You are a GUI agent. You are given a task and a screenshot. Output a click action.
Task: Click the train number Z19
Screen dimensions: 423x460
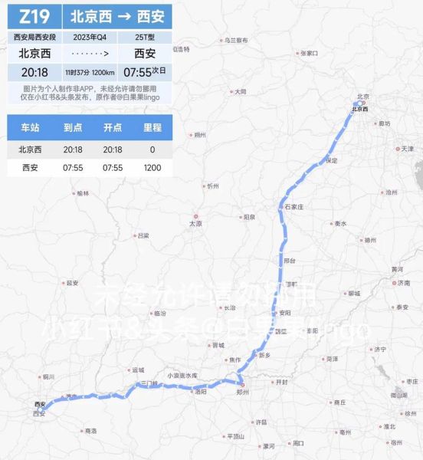tap(34, 16)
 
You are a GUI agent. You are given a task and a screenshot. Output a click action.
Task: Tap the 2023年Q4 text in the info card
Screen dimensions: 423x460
tap(90, 37)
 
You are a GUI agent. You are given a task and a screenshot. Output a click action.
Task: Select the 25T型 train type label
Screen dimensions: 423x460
tap(145, 37)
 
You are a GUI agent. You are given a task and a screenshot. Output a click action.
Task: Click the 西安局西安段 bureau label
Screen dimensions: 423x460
tap(34, 37)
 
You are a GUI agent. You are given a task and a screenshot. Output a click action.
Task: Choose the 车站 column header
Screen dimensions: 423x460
tap(30, 128)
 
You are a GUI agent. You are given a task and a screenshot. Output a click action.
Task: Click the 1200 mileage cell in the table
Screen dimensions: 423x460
tap(152, 167)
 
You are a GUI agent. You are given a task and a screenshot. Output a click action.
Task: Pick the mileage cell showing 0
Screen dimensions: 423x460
tap(152, 149)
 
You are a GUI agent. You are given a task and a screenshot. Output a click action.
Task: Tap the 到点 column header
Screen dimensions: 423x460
tap(73, 128)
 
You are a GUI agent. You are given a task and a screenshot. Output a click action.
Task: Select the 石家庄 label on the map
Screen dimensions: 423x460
tap(295, 207)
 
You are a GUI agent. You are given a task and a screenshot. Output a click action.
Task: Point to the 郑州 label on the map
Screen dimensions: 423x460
tap(243, 391)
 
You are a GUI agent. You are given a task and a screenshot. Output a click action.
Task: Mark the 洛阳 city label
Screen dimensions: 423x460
tap(201, 391)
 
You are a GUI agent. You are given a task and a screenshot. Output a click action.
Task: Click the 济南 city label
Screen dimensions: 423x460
tap(404, 283)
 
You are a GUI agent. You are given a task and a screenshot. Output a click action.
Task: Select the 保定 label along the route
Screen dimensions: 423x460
tap(331, 160)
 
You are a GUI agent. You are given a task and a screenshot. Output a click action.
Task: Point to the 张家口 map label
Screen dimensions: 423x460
tap(309, 53)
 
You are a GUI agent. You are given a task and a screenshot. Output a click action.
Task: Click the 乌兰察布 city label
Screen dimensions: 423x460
tap(236, 39)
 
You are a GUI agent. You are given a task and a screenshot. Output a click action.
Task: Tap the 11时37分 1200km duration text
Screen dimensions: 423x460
tap(90, 72)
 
